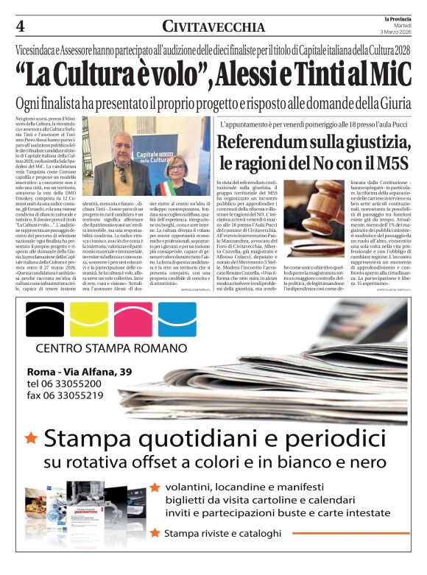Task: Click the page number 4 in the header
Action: (21, 27)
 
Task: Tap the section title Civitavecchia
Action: (213, 27)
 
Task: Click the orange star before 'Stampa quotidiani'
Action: (31, 438)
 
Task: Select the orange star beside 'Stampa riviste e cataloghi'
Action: (155, 532)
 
